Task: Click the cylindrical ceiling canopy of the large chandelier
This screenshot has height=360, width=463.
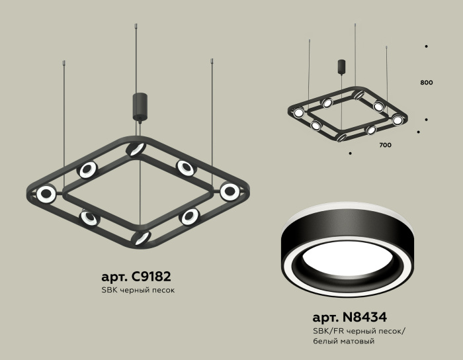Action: coord(140,106)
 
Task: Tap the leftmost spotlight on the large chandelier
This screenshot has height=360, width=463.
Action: coord(46,194)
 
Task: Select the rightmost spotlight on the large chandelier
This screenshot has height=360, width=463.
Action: coord(230,192)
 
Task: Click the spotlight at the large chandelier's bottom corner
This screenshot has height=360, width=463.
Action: coord(140,237)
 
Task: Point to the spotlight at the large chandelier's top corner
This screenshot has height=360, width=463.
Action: coord(137,148)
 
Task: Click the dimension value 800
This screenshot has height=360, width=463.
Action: coord(426,83)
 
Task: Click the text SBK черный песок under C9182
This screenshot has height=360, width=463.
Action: coord(138,291)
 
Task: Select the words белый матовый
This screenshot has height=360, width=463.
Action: coord(343,341)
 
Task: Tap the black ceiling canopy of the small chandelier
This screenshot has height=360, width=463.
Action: coord(342,67)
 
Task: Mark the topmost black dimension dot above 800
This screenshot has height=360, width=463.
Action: coord(426,46)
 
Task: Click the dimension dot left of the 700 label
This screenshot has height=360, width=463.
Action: coord(350,153)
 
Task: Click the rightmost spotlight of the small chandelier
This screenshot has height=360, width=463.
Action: coord(397,120)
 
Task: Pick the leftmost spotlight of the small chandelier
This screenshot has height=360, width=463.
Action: coord(298,112)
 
